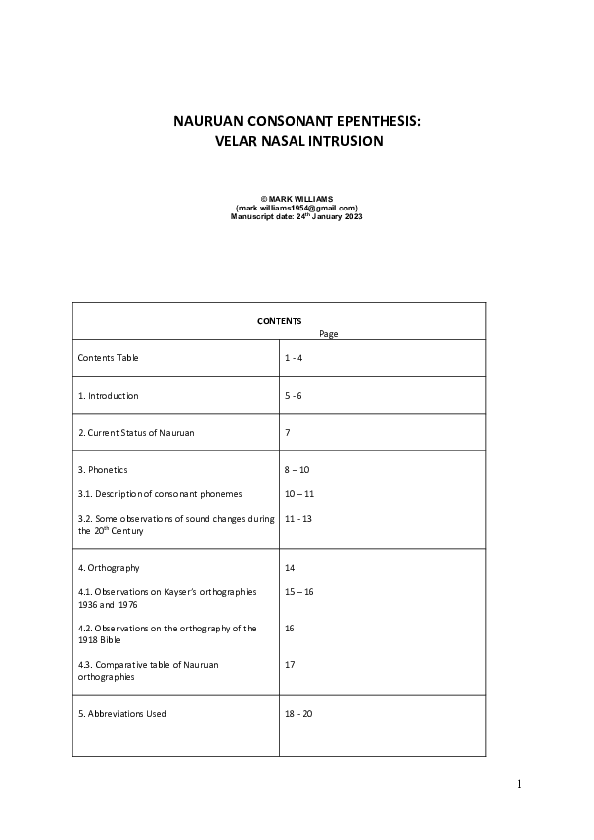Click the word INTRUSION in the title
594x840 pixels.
[x=344, y=142]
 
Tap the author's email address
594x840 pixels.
[x=297, y=208]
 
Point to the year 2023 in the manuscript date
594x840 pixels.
[x=352, y=216]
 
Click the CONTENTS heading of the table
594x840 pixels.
[x=279, y=321]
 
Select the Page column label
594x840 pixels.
[x=328, y=334]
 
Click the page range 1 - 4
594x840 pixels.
[x=294, y=357]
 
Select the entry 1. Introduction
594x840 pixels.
[x=108, y=396]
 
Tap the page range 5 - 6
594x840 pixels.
[x=294, y=396]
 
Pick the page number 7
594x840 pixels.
[x=287, y=433]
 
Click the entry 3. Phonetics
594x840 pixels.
[x=103, y=469]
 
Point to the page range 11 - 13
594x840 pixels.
[x=297, y=519]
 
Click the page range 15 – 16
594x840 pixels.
[x=298, y=592]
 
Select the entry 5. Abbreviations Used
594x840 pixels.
[x=122, y=713]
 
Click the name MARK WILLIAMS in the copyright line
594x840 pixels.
[x=302, y=199]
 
